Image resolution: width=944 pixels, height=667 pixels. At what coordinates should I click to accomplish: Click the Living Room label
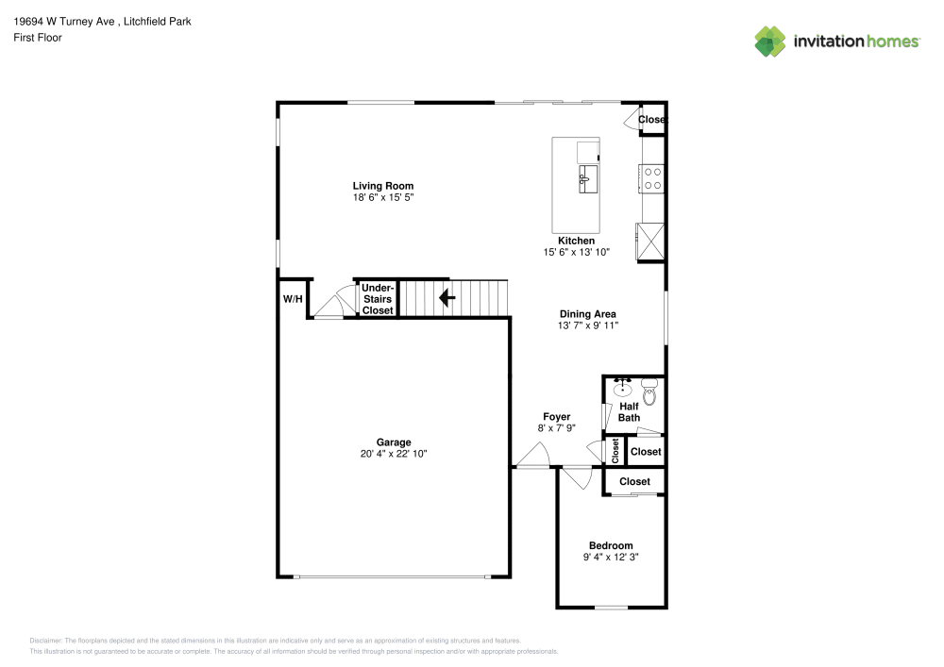(382, 186)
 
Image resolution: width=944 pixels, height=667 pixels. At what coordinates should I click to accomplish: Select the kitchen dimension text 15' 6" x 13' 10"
(576, 252)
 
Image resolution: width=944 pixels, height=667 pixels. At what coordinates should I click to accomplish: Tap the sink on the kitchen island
(585, 176)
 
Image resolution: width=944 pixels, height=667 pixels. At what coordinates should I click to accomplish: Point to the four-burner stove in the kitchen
(652, 176)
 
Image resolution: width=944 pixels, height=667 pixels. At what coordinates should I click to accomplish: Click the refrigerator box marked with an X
(651, 240)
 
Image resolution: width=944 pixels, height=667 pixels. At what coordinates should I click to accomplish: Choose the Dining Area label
(587, 314)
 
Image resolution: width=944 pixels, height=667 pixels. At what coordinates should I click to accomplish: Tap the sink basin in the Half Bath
(623, 388)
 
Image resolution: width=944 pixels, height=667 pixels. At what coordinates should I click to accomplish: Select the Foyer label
(556, 416)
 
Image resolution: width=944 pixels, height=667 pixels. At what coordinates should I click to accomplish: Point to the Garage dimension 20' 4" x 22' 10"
(394, 454)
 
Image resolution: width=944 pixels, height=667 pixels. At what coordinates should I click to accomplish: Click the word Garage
(394, 442)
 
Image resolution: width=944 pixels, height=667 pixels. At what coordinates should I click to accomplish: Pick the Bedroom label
(611, 545)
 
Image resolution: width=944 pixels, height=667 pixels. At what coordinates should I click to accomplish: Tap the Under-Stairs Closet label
(378, 299)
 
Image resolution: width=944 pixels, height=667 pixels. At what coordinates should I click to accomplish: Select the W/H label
(293, 299)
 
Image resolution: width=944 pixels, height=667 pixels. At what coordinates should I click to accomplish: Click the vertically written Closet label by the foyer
(615, 451)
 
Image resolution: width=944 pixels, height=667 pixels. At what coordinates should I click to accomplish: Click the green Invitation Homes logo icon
(769, 41)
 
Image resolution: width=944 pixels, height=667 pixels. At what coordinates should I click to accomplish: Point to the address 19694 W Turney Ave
(70, 21)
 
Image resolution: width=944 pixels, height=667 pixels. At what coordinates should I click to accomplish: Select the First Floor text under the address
(38, 38)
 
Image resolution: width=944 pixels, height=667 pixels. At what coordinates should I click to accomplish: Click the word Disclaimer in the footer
(45, 640)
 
